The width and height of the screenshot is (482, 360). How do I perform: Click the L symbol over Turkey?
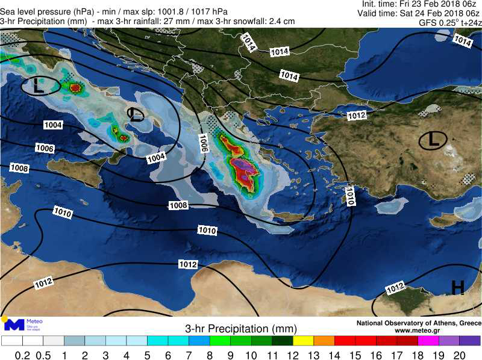tap(433, 141)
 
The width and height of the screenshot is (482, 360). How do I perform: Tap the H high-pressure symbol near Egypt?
tap(457, 288)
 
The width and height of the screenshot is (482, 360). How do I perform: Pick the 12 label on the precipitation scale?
tap(293, 355)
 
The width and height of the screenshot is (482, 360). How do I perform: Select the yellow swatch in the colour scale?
tap(304, 341)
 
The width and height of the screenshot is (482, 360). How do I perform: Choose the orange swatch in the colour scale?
tap(324, 341)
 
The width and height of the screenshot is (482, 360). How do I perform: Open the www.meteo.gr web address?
tap(417, 331)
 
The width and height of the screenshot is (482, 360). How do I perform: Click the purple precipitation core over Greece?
tap(245, 164)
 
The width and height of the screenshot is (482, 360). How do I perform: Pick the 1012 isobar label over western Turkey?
tap(357, 115)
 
